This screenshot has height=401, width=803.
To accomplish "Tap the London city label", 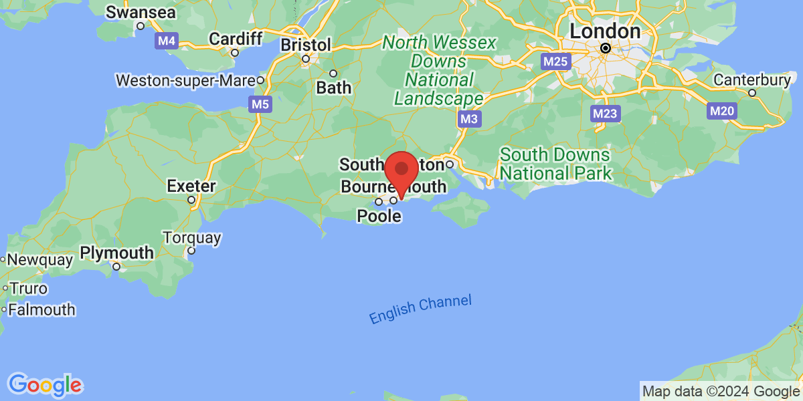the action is [605, 31].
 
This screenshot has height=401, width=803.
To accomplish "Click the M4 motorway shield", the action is [167, 41].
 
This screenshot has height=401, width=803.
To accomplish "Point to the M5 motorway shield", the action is [260, 104].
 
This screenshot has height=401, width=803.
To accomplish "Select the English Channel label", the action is [420, 309].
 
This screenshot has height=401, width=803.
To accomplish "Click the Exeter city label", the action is [191, 185].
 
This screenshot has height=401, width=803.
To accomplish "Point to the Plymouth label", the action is [117, 253].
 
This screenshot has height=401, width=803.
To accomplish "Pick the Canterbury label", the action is [751, 80].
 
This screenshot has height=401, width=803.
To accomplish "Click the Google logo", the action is [45, 384].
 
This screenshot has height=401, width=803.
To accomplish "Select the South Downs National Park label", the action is [555, 164].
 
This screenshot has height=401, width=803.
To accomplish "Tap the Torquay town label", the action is [191, 238].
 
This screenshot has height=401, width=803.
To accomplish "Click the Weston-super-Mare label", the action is [186, 81].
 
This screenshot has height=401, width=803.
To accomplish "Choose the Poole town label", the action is [379, 216].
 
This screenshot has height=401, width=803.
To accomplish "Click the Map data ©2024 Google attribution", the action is [721, 392].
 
